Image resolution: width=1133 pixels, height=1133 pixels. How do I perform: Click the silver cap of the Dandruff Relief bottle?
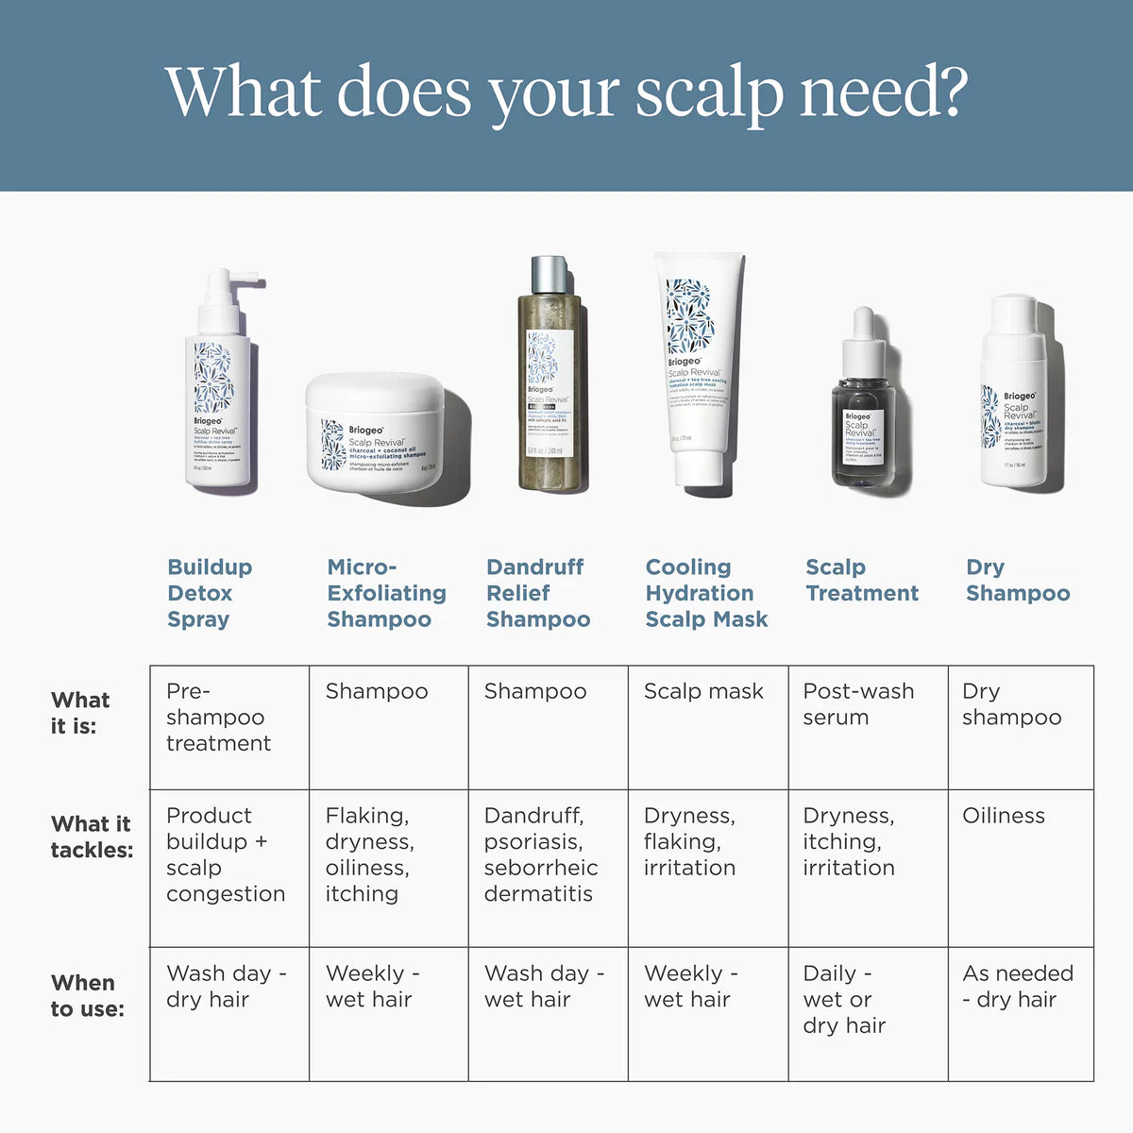pyautogui.click(x=550, y=275)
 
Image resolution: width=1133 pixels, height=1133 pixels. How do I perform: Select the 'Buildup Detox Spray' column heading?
pyautogui.click(x=210, y=593)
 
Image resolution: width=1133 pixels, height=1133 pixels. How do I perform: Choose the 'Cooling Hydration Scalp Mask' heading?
pyautogui.click(x=706, y=593)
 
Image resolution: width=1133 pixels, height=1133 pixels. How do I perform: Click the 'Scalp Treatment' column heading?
pyautogui.click(x=861, y=581)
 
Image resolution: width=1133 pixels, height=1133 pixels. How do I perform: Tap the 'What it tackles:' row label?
pyautogui.click(x=91, y=837)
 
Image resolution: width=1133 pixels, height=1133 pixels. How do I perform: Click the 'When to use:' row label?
pyautogui.click(x=87, y=995)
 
